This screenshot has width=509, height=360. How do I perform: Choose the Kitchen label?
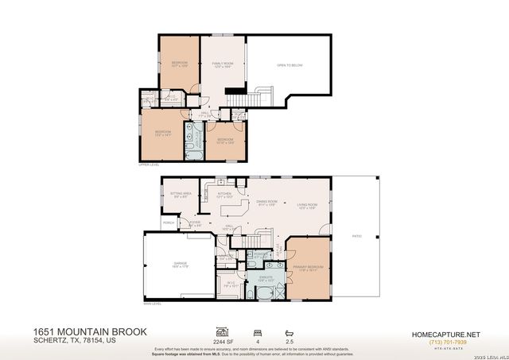224,195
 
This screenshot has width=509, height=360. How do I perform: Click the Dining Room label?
266,203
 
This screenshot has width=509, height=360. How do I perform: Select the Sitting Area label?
181,195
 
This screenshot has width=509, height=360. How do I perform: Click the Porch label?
169,223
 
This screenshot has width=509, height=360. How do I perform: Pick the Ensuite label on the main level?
266,278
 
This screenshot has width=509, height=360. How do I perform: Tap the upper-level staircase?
254,99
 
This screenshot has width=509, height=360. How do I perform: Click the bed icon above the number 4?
256,331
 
